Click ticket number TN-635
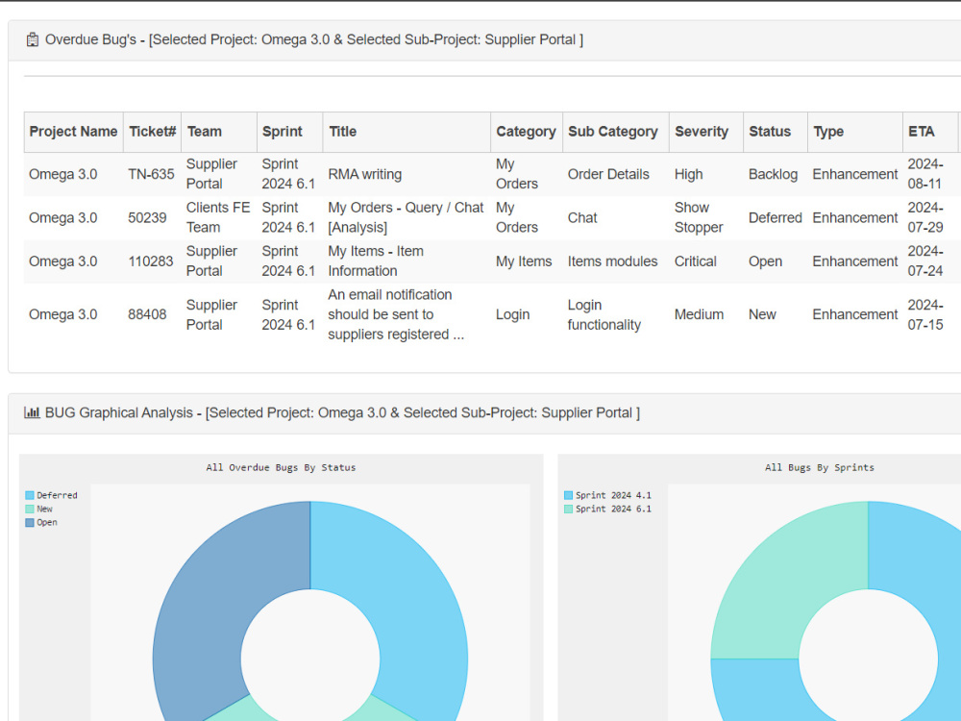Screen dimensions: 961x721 (x=151, y=174)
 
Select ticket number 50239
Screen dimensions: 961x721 (x=147, y=217)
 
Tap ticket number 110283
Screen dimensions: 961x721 (x=151, y=261)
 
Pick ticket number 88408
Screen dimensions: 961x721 (x=147, y=314)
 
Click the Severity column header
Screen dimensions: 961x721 (x=702, y=132)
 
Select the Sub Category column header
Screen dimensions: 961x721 (x=612, y=132)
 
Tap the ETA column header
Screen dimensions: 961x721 (x=922, y=132)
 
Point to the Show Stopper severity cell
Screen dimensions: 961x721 (x=699, y=217)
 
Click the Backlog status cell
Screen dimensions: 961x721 (x=773, y=174)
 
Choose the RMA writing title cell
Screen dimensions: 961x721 (x=364, y=174)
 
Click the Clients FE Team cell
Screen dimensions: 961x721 (x=218, y=217)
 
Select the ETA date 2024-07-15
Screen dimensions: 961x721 (x=925, y=314)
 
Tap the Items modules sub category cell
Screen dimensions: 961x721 (x=612, y=261)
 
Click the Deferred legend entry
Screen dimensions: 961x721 (x=52, y=495)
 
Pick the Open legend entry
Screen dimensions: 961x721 (x=41, y=522)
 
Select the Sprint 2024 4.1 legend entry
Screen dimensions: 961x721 (x=607, y=495)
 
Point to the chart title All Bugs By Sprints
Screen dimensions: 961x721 (x=820, y=467)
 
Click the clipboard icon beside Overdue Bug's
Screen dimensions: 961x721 (x=33, y=39)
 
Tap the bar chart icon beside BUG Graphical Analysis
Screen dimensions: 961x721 (x=32, y=412)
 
